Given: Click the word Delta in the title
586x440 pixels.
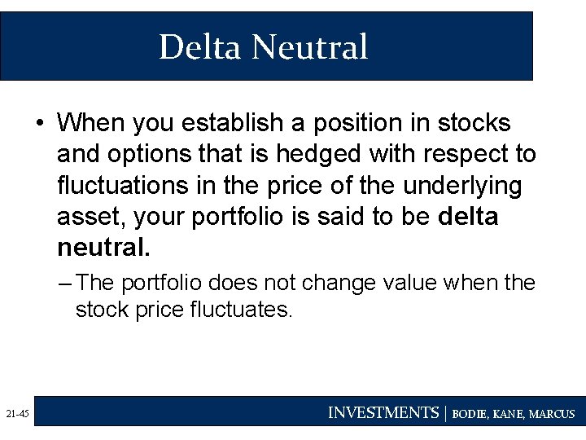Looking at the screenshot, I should [x=200, y=46].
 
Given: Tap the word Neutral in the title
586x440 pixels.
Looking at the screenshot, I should [x=310, y=46].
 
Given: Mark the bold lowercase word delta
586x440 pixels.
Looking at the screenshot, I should [x=468, y=218].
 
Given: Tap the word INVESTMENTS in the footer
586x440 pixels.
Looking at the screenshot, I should [x=383, y=413].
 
